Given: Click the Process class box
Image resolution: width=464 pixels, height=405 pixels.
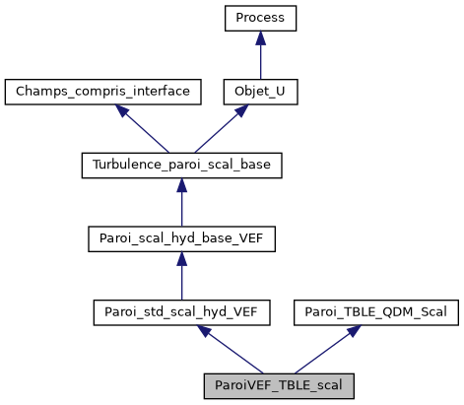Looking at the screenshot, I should pos(260,18).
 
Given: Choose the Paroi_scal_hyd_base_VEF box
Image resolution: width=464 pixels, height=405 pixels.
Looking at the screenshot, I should pos(181,238).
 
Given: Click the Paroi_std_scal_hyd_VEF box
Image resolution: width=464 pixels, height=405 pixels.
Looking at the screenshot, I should pos(181,312).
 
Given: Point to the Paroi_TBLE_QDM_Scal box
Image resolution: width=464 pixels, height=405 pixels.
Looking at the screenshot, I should pos(376,312).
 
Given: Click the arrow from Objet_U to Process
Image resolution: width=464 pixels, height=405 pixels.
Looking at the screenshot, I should pos(260,57).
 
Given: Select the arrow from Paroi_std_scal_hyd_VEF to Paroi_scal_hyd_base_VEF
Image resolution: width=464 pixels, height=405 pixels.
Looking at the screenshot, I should pos(181,278).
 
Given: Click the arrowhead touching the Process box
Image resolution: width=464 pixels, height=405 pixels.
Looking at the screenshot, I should pos(260,36).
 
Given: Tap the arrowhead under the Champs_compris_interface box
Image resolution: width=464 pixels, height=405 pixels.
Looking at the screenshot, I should pos(124,111).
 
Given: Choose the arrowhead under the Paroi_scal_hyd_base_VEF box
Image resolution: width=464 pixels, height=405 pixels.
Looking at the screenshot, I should pos(181,258).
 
